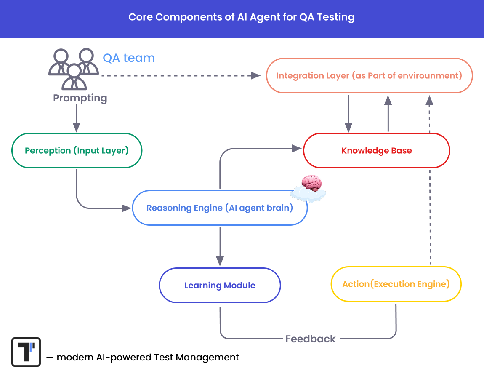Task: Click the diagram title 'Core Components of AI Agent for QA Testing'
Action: point(241,18)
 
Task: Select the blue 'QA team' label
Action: point(129,58)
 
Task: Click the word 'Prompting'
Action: point(80,98)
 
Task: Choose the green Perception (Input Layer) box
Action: point(77,151)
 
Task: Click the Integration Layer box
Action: point(369,76)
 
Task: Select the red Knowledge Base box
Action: point(376,151)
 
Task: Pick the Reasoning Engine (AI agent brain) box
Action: point(220,208)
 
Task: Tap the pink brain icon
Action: point(311,184)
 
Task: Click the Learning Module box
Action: point(220,286)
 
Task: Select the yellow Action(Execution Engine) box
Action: point(396,284)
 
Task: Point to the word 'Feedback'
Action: point(311,339)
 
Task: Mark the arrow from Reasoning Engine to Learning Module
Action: point(220,246)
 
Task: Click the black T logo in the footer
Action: point(26,352)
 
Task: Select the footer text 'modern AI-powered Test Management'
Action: point(147,358)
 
